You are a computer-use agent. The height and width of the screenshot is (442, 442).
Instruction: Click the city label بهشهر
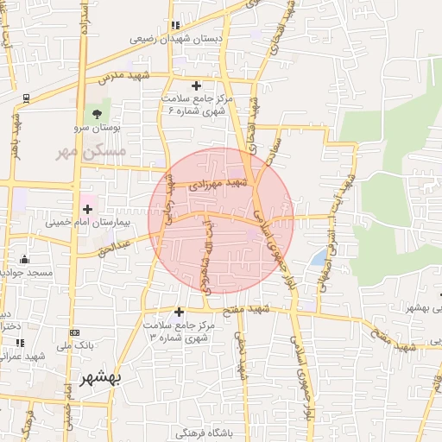102,378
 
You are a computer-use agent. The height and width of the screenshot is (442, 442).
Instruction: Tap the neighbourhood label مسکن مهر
89,150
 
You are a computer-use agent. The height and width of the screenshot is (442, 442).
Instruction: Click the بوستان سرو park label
98,128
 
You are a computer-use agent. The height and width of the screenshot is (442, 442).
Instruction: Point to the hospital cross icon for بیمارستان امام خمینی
87,208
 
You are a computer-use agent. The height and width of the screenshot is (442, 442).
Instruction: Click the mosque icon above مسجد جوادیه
24,259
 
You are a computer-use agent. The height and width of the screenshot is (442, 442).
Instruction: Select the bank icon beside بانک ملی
74,332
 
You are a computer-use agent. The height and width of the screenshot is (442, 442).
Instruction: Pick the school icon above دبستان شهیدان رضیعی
176,25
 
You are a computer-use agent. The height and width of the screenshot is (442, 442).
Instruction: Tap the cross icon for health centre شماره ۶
196,85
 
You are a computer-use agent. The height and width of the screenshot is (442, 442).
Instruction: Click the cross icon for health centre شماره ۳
179,312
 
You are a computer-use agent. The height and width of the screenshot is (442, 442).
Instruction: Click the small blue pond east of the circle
319,257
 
